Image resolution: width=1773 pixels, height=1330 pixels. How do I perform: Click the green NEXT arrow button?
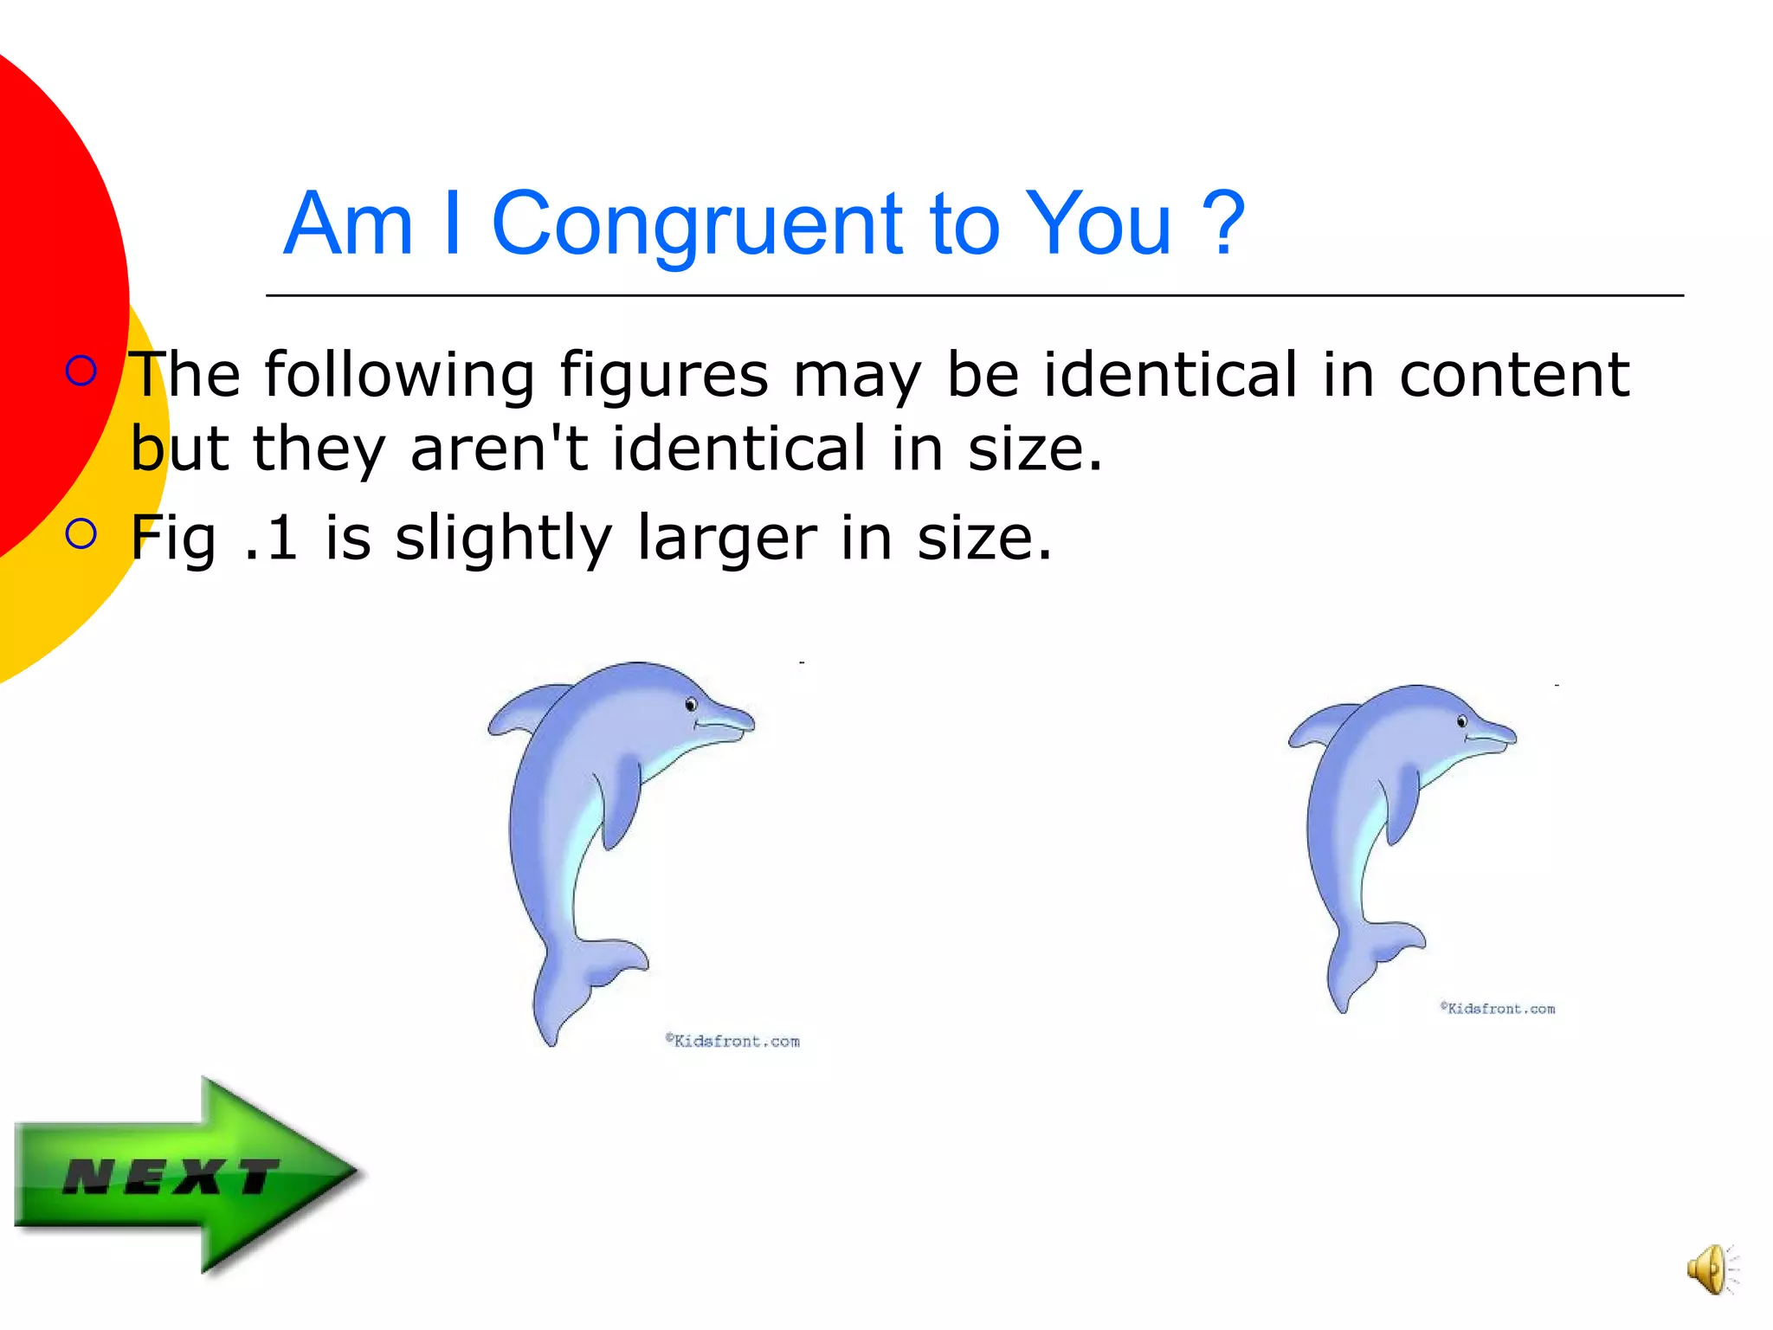coord(186,1176)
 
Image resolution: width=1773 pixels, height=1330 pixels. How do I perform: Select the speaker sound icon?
coord(1710,1269)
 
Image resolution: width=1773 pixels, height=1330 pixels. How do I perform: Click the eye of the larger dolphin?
coord(691,705)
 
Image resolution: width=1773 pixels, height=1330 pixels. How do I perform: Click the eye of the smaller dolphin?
coord(1462,721)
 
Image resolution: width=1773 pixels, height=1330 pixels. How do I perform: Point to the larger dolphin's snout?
coord(732,719)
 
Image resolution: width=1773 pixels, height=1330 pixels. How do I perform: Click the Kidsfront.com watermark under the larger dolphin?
coord(732,1041)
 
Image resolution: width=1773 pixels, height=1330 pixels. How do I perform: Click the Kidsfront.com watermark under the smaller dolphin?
coord(1498,1009)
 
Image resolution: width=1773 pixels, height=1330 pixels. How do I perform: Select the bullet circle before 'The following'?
coord(81,371)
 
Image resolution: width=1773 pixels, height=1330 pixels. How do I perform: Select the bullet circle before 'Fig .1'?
coord(81,534)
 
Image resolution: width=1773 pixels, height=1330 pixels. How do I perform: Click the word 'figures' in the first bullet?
coord(663,376)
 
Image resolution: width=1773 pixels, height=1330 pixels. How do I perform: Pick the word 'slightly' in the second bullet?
coord(504,539)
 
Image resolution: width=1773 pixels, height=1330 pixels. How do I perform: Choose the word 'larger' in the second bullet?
coord(727,539)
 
